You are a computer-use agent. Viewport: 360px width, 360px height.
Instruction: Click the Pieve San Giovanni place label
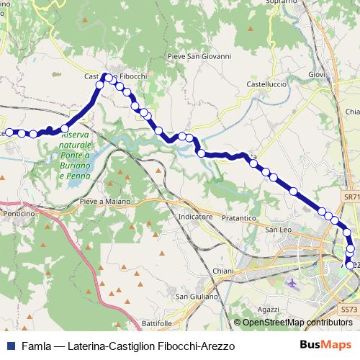(199, 55)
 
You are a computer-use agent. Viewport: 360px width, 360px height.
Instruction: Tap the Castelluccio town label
(267, 84)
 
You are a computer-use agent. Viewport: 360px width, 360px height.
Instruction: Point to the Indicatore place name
(195, 216)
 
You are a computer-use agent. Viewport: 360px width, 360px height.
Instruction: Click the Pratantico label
(240, 217)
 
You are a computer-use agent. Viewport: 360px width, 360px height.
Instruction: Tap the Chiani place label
(204, 271)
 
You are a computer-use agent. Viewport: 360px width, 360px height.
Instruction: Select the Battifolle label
(158, 323)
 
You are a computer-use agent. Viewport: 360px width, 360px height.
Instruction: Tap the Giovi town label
(317, 74)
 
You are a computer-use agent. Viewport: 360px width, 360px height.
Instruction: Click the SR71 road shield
(351, 197)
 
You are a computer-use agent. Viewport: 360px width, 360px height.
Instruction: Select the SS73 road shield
(348, 309)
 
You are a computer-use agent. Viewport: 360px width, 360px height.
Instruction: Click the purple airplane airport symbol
(292, 282)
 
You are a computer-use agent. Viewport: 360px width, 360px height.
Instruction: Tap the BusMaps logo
(325, 346)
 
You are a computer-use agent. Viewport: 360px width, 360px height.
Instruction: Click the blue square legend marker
(9, 346)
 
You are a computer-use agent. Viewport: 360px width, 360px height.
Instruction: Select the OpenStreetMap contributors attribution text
(297, 323)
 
